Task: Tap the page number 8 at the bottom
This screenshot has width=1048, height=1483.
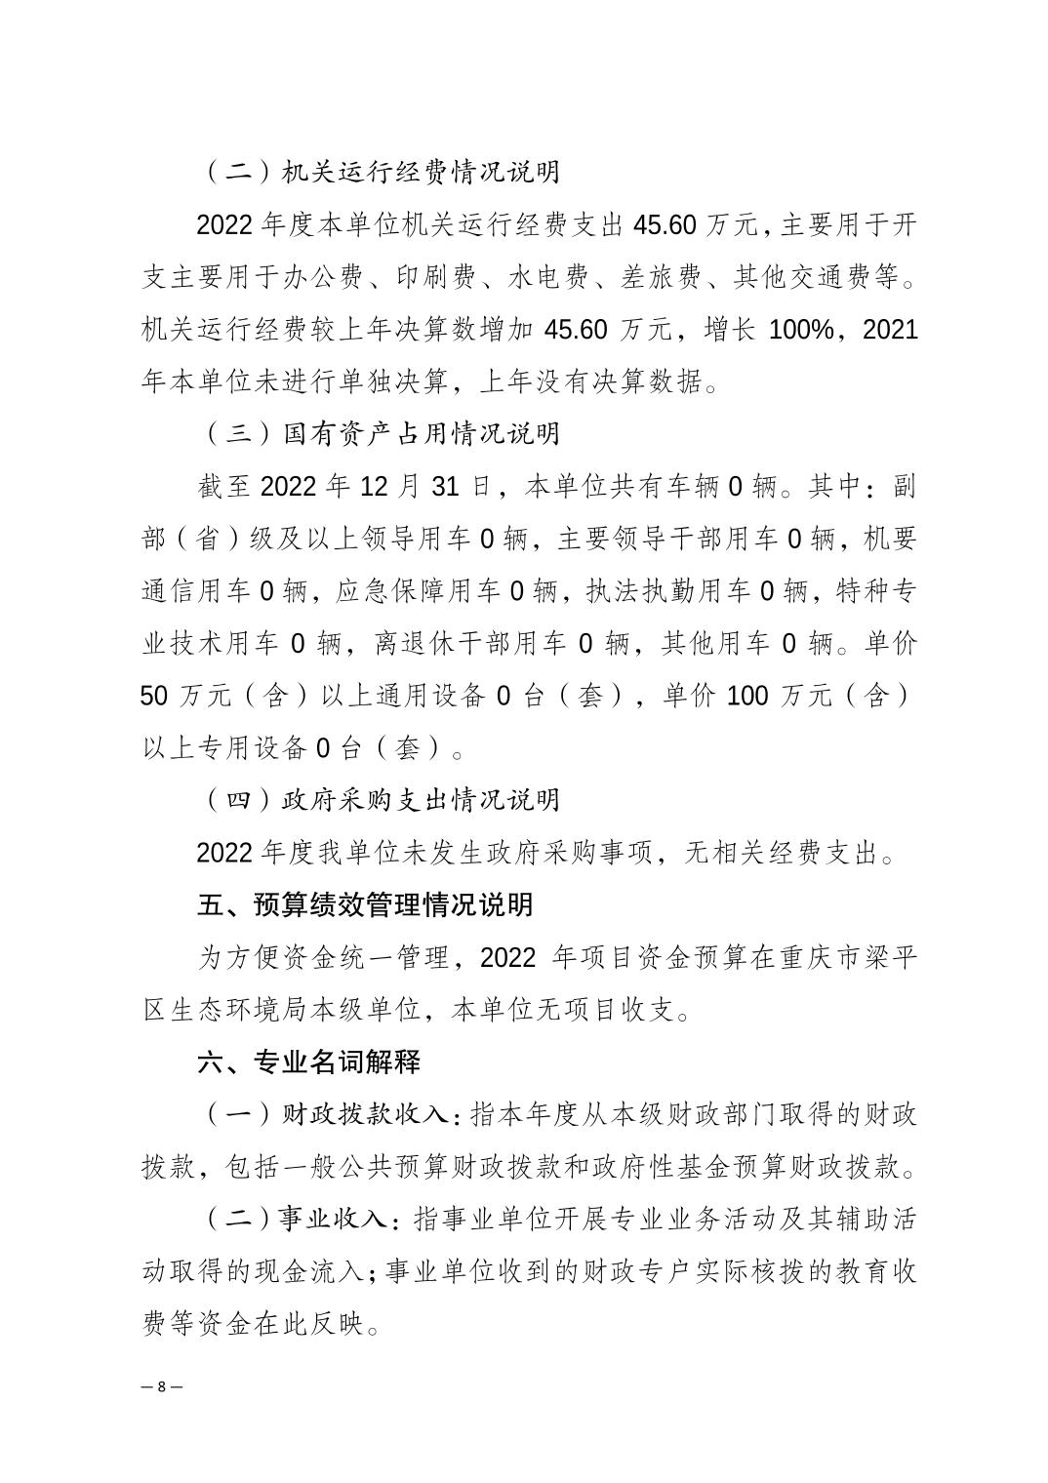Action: point(162,1386)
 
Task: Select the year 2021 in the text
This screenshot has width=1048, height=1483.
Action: point(891,329)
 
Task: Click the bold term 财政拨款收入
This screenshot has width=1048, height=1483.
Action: point(365,1114)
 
